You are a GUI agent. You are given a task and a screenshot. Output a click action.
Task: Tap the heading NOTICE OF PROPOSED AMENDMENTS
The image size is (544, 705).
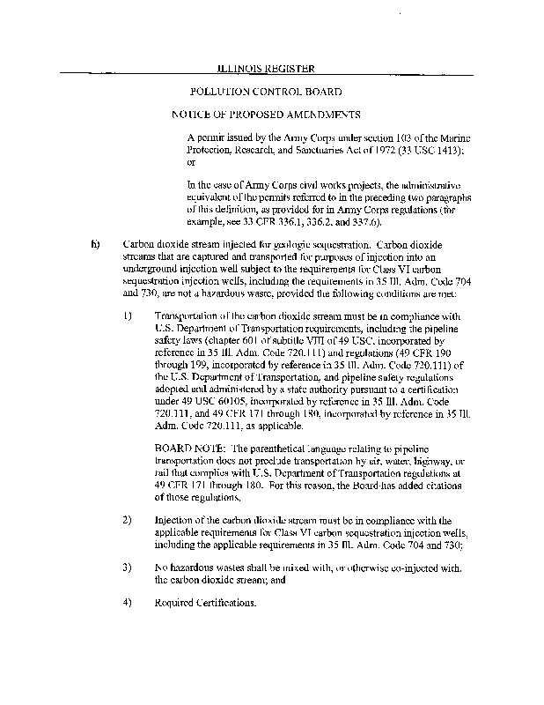tap(266, 115)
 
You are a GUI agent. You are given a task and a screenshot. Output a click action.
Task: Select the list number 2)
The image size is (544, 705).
tap(127, 521)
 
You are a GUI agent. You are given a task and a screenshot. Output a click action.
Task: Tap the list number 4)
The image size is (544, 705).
tap(127, 604)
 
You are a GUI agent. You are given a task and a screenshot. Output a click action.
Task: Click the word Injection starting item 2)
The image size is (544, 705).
tap(173, 521)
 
